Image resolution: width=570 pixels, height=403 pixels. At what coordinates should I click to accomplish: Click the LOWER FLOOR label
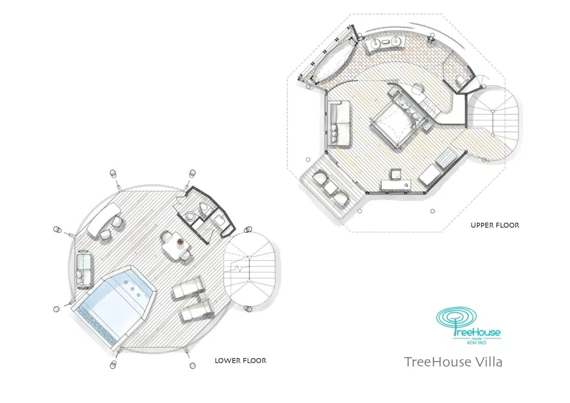(x=240, y=360)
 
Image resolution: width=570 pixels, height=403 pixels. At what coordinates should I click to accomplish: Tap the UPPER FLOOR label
(x=495, y=225)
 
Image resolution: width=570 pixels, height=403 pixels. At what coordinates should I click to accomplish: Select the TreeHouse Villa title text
(x=453, y=361)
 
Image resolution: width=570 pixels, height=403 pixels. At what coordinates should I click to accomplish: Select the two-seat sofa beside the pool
(x=84, y=268)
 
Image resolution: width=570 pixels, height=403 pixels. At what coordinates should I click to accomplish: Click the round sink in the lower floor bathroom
(x=190, y=216)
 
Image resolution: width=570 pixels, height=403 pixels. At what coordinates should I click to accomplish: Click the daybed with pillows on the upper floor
(x=339, y=123)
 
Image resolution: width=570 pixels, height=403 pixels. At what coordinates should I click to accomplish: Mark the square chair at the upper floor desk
(x=396, y=174)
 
